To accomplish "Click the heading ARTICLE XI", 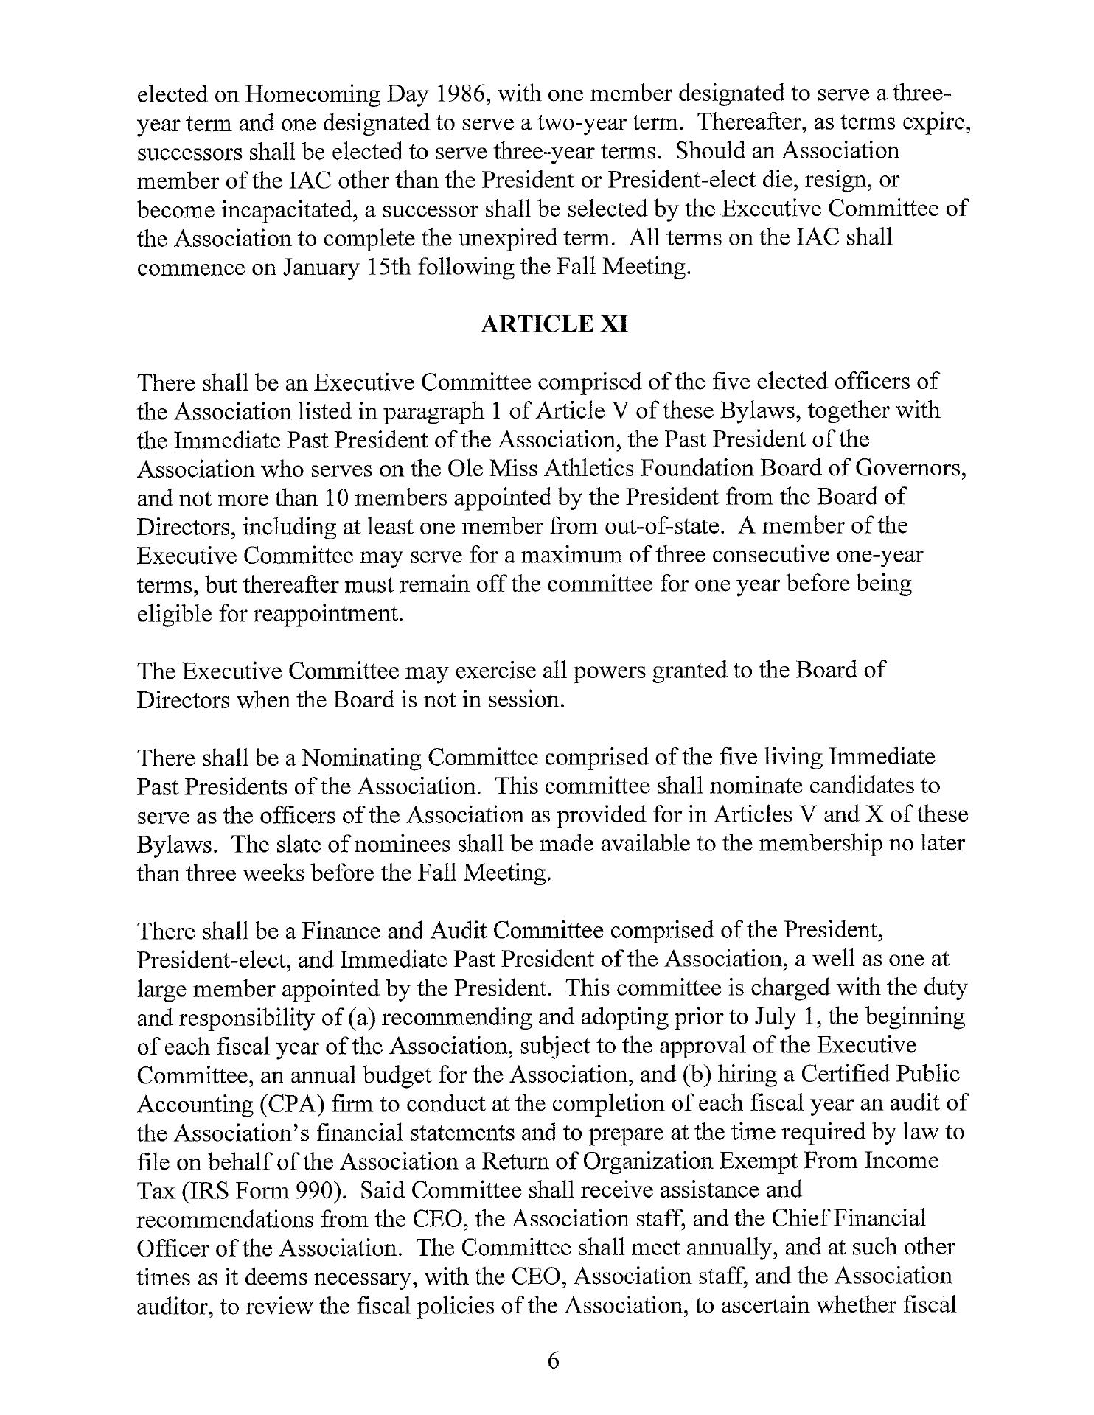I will coord(553,324).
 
